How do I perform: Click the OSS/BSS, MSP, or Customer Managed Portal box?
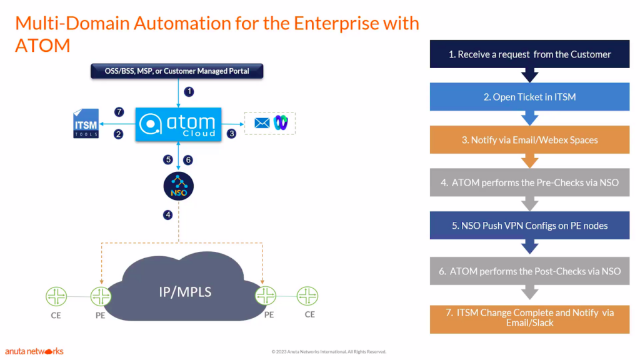click(x=177, y=71)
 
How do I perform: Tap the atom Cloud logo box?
click(x=178, y=124)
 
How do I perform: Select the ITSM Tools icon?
click(x=86, y=123)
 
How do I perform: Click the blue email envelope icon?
click(x=262, y=123)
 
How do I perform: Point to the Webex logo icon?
click(x=281, y=122)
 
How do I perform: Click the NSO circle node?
click(x=178, y=186)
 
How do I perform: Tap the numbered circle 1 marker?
click(x=189, y=91)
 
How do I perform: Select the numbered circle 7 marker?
click(x=119, y=112)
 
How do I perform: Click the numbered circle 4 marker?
click(x=167, y=215)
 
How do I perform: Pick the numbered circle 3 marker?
click(x=231, y=134)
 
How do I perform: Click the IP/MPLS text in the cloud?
click(x=185, y=292)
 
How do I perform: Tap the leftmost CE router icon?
click(x=56, y=296)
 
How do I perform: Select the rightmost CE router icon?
click(x=307, y=296)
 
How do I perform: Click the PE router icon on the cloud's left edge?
click(x=101, y=296)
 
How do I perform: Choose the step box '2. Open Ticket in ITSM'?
click(x=529, y=97)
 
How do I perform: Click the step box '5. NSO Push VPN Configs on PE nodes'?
click(x=529, y=225)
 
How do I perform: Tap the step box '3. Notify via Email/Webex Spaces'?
click(x=529, y=139)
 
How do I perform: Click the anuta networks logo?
click(x=34, y=351)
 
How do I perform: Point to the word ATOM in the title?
click(x=43, y=45)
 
